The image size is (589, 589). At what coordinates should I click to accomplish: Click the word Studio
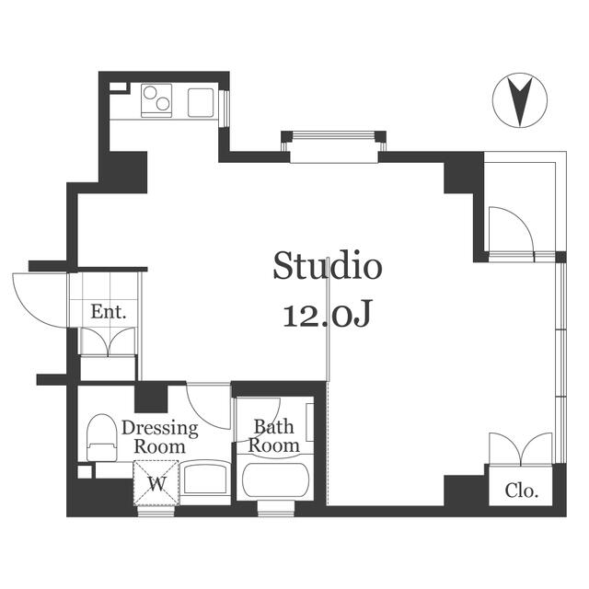tap(328, 266)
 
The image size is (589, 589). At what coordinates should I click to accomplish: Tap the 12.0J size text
tap(328, 313)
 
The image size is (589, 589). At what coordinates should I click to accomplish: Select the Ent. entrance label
tap(109, 312)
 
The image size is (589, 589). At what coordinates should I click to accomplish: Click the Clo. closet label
tap(522, 490)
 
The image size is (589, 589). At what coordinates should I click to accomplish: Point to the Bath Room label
tap(274, 436)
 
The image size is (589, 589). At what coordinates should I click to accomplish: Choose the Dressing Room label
tap(159, 437)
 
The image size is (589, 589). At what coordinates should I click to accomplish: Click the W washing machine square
tap(156, 482)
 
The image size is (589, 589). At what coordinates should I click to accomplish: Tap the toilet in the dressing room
tap(101, 438)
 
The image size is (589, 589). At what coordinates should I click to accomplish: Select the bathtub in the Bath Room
tap(276, 480)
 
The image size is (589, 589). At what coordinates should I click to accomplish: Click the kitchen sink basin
tap(201, 102)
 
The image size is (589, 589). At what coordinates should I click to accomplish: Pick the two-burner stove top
tap(156, 100)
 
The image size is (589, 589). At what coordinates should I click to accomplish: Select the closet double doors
tap(521, 448)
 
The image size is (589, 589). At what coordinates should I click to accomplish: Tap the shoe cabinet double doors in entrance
tap(109, 341)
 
